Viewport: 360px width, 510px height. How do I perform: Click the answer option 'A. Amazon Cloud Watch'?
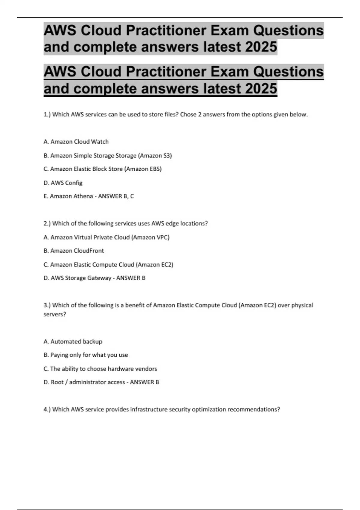tap(76, 142)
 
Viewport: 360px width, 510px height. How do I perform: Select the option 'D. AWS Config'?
tap(63, 183)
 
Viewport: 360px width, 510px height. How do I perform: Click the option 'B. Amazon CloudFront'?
tap(74, 251)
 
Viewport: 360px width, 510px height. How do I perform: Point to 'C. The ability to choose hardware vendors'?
tap(100, 369)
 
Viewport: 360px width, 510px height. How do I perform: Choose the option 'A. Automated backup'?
tap(73, 341)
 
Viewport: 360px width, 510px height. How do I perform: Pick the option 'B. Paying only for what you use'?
tap(86, 355)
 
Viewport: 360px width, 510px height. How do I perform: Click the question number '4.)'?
tap(47, 409)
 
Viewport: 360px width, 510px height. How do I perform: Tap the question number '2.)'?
tap(47, 223)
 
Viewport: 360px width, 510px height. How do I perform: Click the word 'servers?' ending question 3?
tap(55, 314)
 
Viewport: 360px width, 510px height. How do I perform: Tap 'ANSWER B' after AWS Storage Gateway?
tap(131, 278)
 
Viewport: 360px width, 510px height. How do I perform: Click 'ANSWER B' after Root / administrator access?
tap(145, 382)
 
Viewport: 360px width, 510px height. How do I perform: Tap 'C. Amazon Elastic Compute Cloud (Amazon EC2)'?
tap(109, 265)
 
